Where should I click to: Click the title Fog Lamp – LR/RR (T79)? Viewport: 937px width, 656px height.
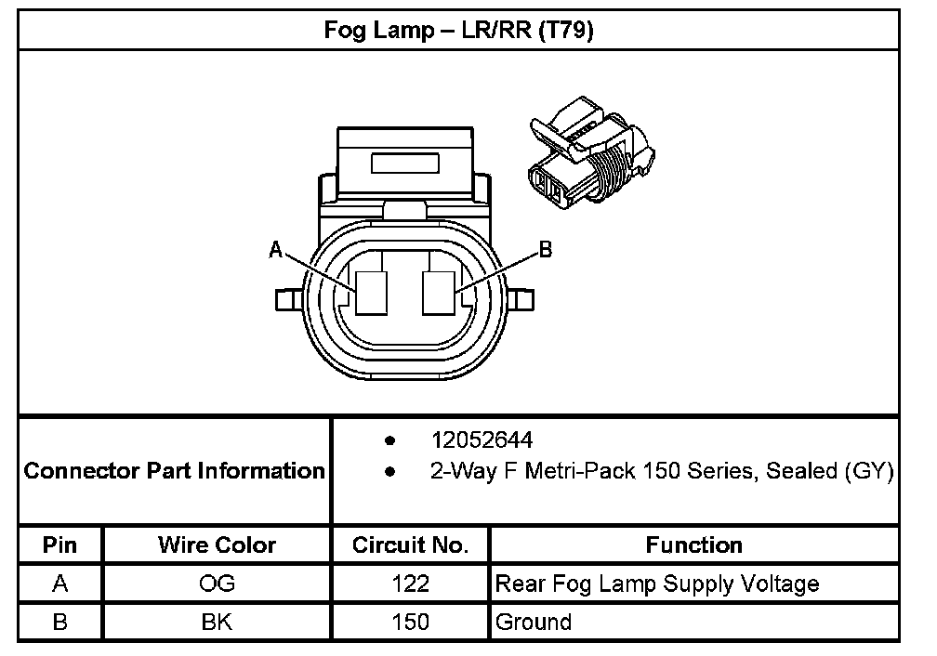pyautogui.click(x=458, y=30)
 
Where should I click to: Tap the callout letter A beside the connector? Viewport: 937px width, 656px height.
pyautogui.click(x=276, y=248)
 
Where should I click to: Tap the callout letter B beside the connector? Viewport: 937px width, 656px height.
pyautogui.click(x=546, y=248)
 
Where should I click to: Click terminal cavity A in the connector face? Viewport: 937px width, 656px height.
pyautogui.click(x=373, y=293)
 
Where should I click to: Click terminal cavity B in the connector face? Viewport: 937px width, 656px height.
pyautogui.click(x=439, y=293)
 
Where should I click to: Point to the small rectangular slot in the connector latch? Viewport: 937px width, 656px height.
pyautogui.click(x=405, y=164)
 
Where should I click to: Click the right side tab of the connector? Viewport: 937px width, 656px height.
pyautogui.click(x=523, y=300)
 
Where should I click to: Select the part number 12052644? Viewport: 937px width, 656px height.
pyautogui.click(x=482, y=440)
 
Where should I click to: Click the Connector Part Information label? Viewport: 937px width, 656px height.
pyautogui.click(x=175, y=471)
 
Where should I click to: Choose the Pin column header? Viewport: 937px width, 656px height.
pyautogui.click(x=60, y=545)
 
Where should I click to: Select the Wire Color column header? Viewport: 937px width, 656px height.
pyautogui.click(x=217, y=545)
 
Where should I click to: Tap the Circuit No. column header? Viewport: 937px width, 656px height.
pyautogui.click(x=410, y=545)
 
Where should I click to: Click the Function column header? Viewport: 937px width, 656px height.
pyautogui.click(x=693, y=545)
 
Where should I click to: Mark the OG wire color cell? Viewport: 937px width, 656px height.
pyautogui.click(x=217, y=584)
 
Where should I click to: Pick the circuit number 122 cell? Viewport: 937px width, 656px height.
pyautogui.click(x=410, y=584)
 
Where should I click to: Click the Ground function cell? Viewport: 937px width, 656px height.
pyautogui.click(x=534, y=622)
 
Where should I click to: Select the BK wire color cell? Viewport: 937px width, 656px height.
pyautogui.click(x=217, y=622)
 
